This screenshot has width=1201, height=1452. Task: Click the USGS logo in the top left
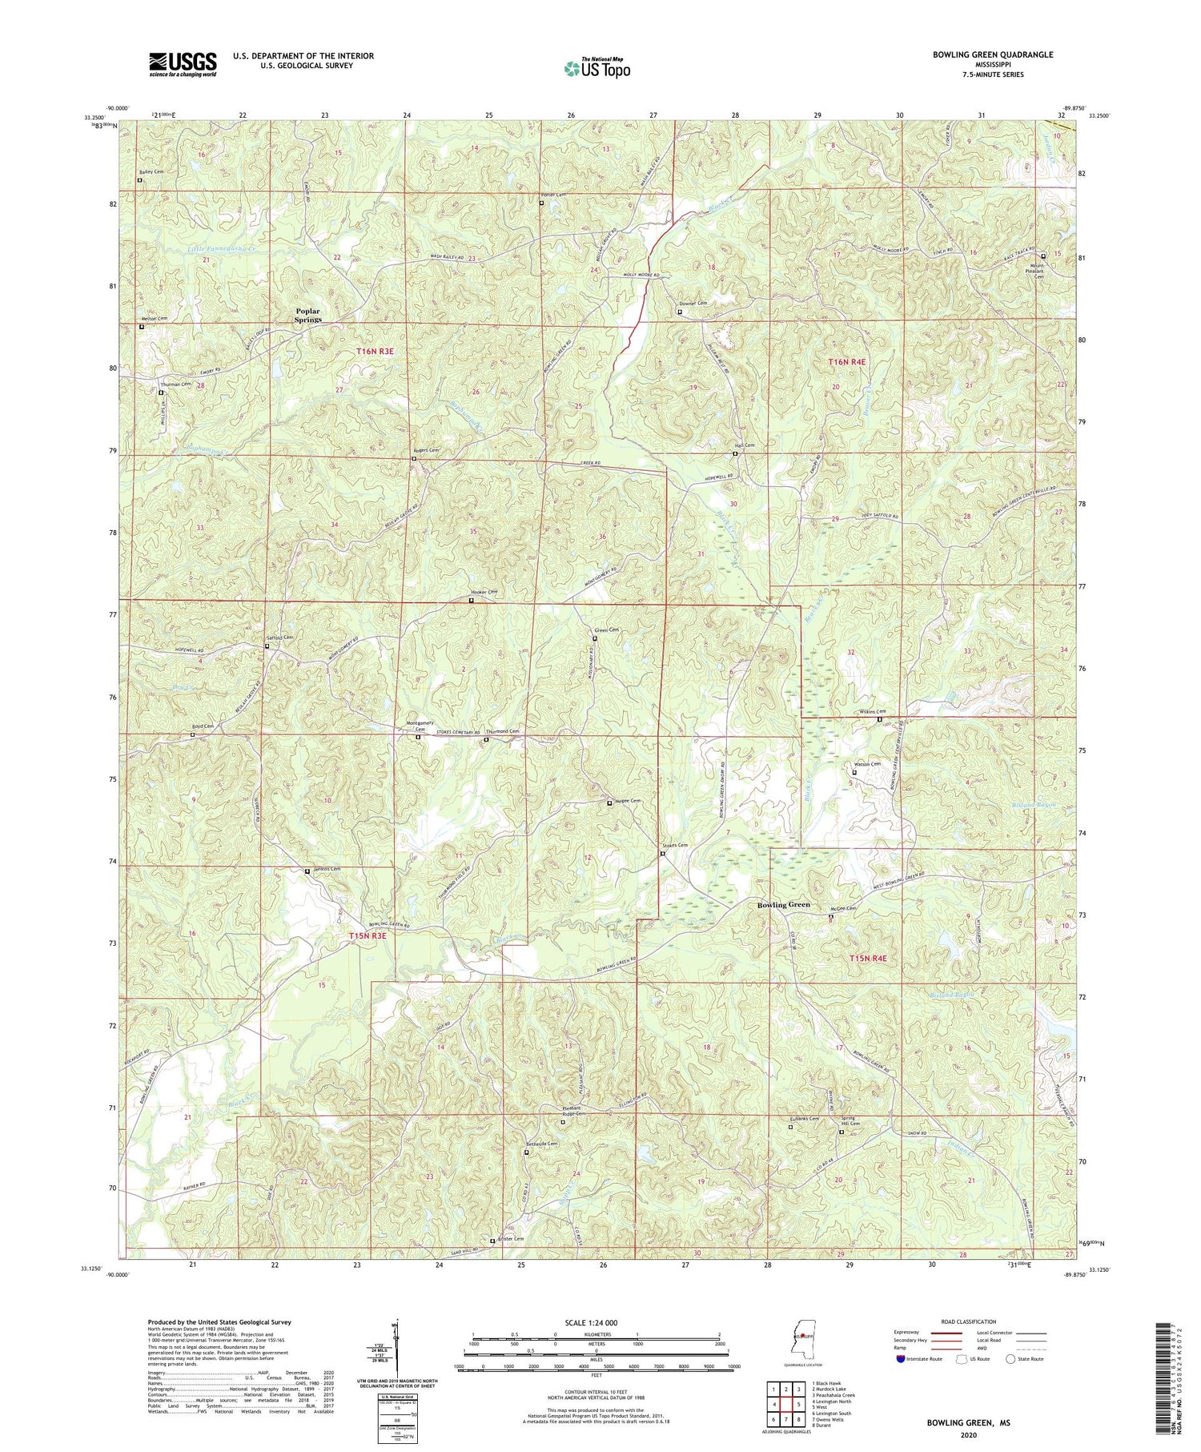[183, 64]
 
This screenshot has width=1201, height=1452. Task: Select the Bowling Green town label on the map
[784, 904]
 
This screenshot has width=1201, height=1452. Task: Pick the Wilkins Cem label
[870, 711]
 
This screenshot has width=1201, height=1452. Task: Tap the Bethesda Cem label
[541, 1144]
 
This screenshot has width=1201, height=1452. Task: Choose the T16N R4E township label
[847, 362]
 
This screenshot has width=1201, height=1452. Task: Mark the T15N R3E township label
[367, 935]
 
